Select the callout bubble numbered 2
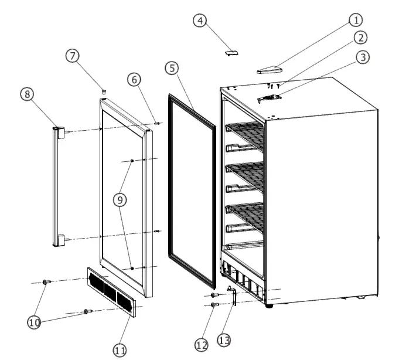360,38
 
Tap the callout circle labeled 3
363,57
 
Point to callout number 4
200,21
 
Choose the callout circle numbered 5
172,68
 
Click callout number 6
134,79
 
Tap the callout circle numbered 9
120,200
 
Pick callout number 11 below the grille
120,350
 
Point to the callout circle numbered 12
202,345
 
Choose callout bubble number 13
224,339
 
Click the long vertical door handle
57,185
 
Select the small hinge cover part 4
231,52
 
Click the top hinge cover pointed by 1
270,70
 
